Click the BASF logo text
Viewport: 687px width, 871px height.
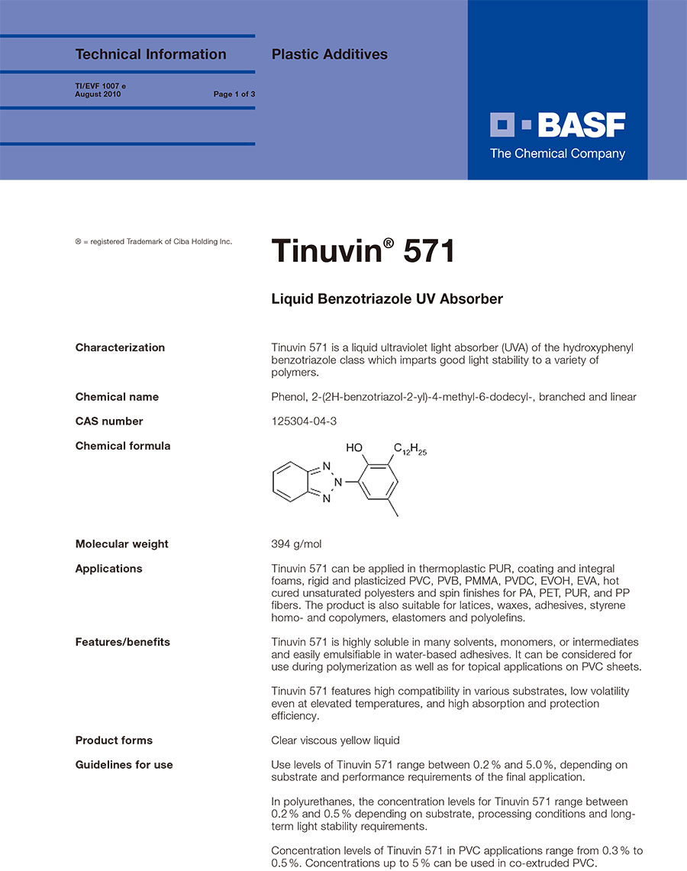(x=582, y=124)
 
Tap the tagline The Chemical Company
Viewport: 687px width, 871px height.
(x=557, y=154)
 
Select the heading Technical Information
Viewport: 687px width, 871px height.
(x=150, y=54)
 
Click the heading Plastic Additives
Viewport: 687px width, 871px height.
(x=330, y=54)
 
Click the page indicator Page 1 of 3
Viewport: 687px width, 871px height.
(x=234, y=95)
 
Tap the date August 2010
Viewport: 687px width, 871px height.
(x=98, y=95)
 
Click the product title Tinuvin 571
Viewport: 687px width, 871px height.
(x=363, y=251)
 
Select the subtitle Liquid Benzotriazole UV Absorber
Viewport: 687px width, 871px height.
(x=387, y=299)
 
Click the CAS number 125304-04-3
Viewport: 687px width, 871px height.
(x=304, y=421)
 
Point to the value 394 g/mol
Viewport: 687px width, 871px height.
(x=297, y=544)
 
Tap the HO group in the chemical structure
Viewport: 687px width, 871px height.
(x=354, y=448)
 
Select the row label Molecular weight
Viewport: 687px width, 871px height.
(x=121, y=544)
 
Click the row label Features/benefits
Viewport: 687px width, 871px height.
(x=122, y=642)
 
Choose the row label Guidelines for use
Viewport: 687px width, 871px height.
(x=124, y=765)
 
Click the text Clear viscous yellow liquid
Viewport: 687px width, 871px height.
(x=335, y=740)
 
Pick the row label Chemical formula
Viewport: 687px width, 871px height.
(x=122, y=446)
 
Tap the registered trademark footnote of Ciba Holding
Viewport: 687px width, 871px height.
(x=153, y=242)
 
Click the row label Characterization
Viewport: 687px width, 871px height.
(x=120, y=348)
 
